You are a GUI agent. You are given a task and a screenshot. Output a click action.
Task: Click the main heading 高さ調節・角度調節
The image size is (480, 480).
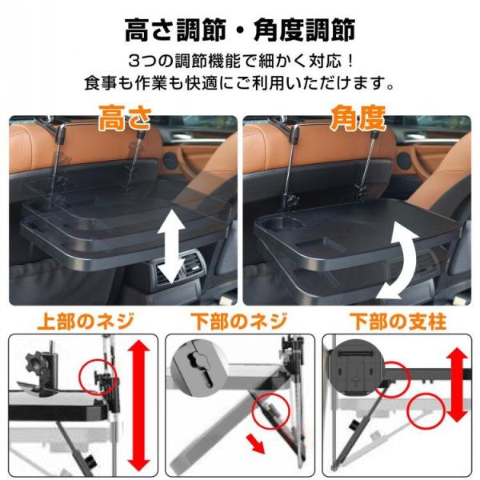point(240,30)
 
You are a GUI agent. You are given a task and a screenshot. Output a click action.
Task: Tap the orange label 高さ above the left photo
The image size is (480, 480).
point(125,118)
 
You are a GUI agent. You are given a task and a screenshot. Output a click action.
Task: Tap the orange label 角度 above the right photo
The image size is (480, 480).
point(358,118)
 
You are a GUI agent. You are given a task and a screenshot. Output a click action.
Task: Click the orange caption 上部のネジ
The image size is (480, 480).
point(86,322)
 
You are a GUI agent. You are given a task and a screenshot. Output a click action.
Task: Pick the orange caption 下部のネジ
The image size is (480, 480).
point(239,322)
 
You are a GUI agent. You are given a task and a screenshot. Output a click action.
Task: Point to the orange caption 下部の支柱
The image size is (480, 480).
point(398,322)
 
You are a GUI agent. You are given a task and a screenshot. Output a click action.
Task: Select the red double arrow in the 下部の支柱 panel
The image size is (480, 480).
point(457,385)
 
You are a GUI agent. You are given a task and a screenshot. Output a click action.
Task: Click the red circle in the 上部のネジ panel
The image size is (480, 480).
point(98,377)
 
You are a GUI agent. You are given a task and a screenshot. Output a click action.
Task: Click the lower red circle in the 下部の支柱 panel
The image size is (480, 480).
point(426,410)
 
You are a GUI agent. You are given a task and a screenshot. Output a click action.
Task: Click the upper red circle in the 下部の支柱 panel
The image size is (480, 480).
point(393,379)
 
